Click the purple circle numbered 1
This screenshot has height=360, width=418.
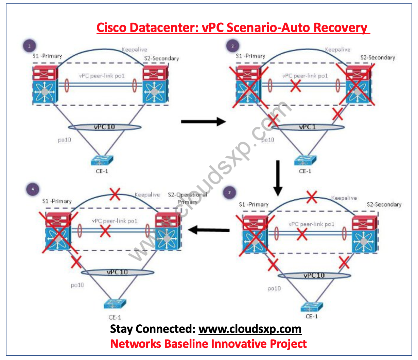pos(30,46)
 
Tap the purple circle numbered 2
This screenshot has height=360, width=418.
pos(232,46)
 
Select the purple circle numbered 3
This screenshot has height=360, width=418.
pos(229,193)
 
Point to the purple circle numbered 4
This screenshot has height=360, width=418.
pos(33,189)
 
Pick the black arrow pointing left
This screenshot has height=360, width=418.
pos(208,230)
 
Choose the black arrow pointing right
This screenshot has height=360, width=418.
pos(203,121)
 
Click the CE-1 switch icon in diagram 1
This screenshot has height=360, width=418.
pos(102,160)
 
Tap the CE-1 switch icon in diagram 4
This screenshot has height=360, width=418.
pos(115,304)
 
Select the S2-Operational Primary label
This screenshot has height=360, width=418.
pos(187,198)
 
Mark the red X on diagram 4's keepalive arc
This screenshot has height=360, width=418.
pos(115,194)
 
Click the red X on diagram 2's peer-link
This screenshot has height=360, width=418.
pos(296,86)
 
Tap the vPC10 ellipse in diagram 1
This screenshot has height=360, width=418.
pos(105,127)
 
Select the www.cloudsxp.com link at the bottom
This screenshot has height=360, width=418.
pos(250,329)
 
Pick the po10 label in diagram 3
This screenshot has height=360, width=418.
pos(274,288)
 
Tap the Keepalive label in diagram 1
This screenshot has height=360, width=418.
pos(134,50)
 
